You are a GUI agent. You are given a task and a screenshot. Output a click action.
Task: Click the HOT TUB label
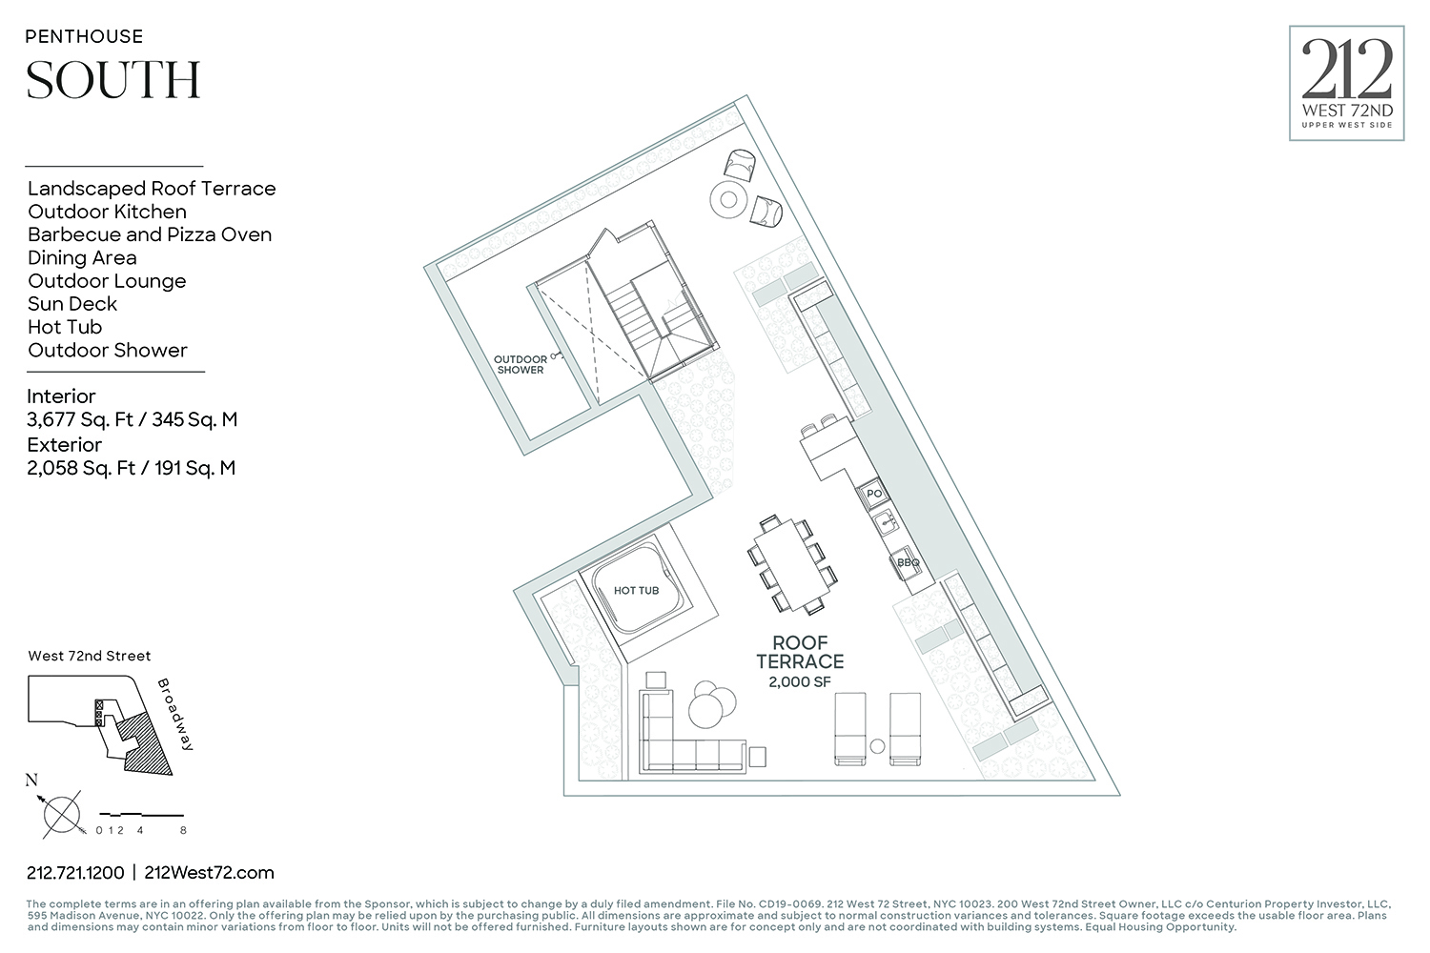[x=636, y=591]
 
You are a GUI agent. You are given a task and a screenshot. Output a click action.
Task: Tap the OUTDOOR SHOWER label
[x=520, y=365]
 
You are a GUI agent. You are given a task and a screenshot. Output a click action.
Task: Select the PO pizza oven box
[x=873, y=494]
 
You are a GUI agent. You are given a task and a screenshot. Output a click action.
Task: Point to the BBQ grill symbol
[x=907, y=562]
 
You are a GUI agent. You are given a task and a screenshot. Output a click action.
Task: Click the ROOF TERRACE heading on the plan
[x=800, y=652]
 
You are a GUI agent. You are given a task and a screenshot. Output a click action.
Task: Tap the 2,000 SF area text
[x=800, y=682]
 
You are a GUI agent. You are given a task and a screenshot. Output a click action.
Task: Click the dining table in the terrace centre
[x=790, y=564]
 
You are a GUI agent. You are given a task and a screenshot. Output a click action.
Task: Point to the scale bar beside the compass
[x=141, y=816]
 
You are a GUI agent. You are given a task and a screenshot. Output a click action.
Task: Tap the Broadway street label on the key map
[x=175, y=714]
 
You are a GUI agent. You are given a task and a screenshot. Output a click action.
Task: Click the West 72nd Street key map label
[x=90, y=656]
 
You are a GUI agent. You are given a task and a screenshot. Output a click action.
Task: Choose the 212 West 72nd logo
[x=1346, y=84]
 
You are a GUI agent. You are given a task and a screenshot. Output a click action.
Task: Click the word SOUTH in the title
[x=113, y=80]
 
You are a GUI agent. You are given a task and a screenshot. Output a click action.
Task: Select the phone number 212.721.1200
[x=75, y=872]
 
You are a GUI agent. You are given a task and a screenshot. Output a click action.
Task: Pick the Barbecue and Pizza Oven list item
[x=150, y=234]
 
